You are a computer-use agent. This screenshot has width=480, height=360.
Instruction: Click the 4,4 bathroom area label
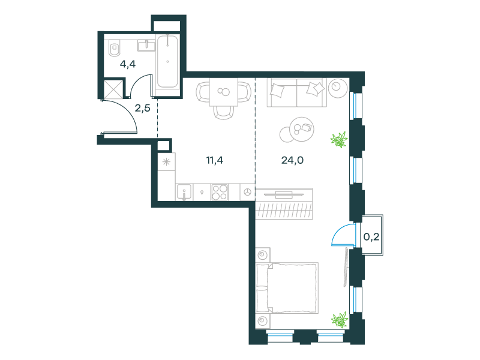click(x=128, y=64)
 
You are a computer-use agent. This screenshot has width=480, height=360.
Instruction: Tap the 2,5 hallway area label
click(x=142, y=108)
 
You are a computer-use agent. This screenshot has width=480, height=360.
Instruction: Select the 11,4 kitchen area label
click(x=215, y=160)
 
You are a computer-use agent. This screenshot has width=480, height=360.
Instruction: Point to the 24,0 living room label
click(x=292, y=160)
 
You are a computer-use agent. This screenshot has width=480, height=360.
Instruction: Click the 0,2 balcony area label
click(x=371, y=236)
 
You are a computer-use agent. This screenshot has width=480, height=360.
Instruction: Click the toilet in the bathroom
click(x=115, y=48)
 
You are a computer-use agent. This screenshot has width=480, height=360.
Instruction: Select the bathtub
click(x=167, y=62)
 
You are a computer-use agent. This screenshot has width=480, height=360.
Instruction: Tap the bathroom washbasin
click(x=146, y=46)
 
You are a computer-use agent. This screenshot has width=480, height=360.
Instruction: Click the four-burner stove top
click(x=220, y=192)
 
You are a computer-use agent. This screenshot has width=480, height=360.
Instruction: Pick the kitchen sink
click(x=184, y=192)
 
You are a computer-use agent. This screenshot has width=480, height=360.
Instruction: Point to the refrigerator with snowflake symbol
click(x=167, y=161)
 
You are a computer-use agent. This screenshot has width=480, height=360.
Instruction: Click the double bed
click(x=287, y=288)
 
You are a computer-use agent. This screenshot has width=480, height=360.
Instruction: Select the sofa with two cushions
click(x=296, y=92)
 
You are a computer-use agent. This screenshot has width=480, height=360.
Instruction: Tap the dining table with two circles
click(x=224, y=92)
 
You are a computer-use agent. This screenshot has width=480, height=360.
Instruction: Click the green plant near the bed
click(x=340, y=320)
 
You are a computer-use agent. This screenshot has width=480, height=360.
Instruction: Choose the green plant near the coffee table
click(x=339, y=140)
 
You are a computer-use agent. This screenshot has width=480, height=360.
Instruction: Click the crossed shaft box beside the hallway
click(x=113, y=89)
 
